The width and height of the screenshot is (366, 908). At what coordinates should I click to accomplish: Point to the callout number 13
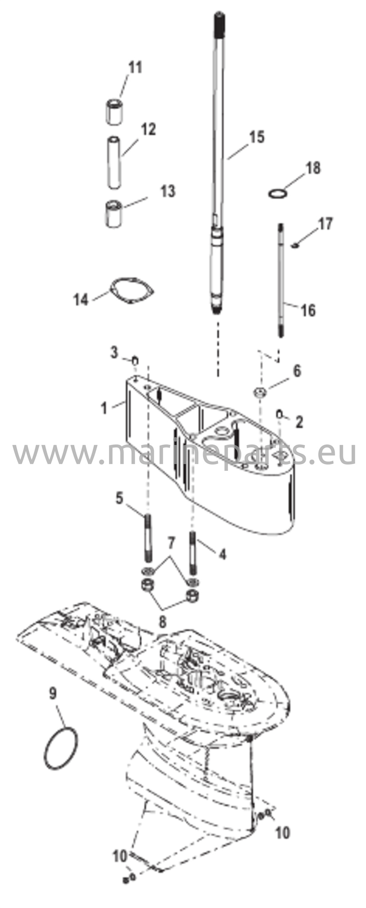click(x=168, y=191)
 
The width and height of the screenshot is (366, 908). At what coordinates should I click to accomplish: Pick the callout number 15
click(x=256, y=137)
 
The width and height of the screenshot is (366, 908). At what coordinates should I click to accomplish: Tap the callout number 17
click(x=325, y=223)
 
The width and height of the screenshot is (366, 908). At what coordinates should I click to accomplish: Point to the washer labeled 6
click(x=260, y=392)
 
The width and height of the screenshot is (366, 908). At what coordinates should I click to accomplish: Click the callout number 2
click(x=299, y=422)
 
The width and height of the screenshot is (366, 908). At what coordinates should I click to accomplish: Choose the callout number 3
click(x=114, y=353)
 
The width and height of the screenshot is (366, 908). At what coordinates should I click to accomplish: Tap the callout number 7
click(x=172, y=542)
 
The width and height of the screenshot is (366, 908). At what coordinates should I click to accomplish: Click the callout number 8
click(x=163, y=622)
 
